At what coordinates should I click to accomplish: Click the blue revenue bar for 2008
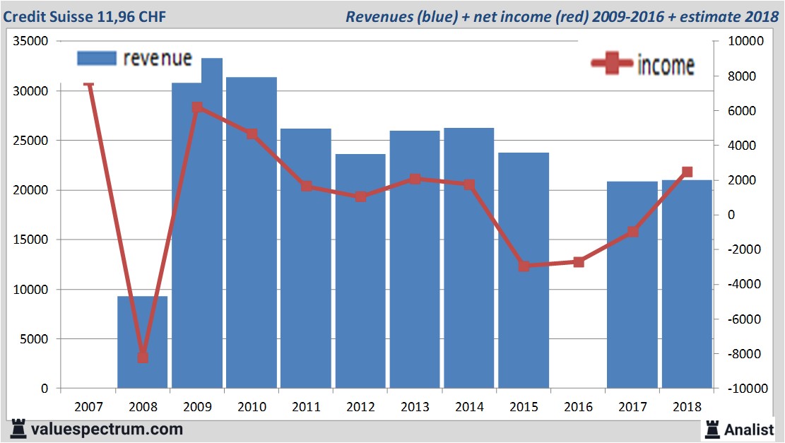tap(142, 343)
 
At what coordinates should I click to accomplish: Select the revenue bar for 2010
tap(252, 233)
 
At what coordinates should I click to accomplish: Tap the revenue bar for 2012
tap(360, 271)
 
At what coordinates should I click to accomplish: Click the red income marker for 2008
tap(143, 357)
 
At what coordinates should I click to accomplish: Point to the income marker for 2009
tap(197, 107)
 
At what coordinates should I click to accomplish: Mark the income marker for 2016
tap(579, 262)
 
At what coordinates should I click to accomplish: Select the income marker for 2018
tap(687, 172)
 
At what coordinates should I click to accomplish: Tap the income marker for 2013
tap(415, 179)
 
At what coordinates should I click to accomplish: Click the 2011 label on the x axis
tap(306, 407)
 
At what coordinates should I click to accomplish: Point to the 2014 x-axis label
tap(469, 407)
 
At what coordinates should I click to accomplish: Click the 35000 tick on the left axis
tap(33, 42)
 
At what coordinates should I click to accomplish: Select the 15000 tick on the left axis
tap(33, 240)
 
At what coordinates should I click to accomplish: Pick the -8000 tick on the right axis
tap(738, 354)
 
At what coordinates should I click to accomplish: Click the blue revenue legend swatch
tap(96, 59)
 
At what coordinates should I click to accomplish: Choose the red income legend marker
tap(612, 64)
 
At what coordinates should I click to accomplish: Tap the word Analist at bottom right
tap(750, 429)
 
